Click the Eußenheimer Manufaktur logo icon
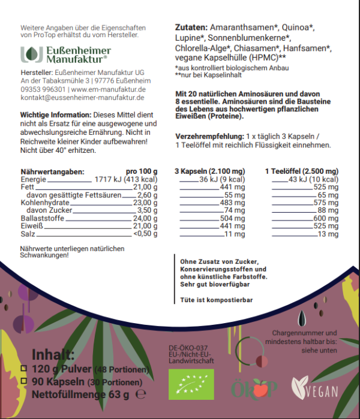tap(28, 55)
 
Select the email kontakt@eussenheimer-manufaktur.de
tap(83, 97)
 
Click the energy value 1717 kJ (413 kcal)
tap(125, 179)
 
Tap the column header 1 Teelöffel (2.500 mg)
tap(301, 171)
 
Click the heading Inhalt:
tap(53, 353)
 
